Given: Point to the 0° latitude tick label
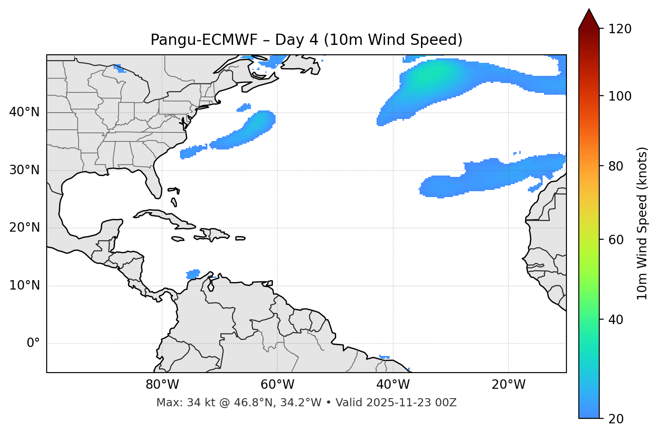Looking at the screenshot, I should [x=33, y=343].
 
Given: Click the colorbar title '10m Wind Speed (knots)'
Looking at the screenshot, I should [x=642, y=223].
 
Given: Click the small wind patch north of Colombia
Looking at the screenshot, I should [x=193, y=274].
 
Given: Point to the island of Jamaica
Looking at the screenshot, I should [x=178, y=239].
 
